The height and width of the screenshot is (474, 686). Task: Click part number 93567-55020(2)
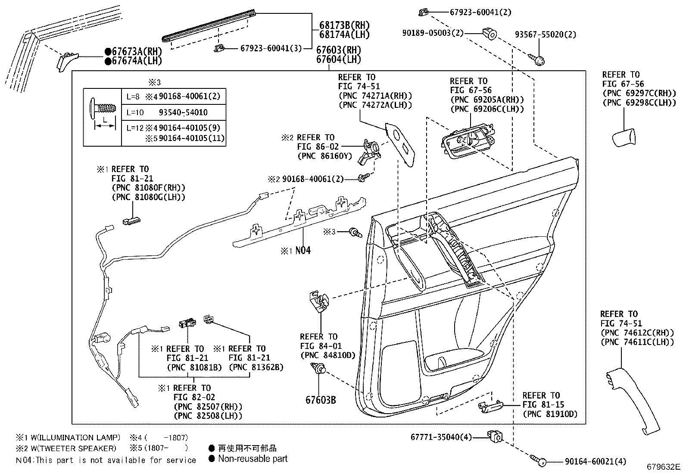(x=546, y=35)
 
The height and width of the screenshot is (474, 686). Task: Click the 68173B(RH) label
(x=344, y=25)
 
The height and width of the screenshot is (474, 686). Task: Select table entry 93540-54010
(x=183, y=113)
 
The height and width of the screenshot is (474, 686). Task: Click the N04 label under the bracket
(x=302, y=251)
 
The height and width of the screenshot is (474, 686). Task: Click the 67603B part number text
(x=321, y=400)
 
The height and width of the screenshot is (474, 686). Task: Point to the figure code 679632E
(x=663, y=467)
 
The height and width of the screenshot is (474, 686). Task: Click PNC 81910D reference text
(x=550, y=414)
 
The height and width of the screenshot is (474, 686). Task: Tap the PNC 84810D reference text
(x=327, y=355)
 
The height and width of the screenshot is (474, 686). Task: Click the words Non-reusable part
(x=253, y=459)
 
